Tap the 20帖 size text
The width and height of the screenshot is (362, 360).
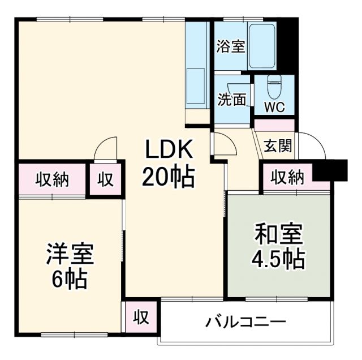click(168, 178)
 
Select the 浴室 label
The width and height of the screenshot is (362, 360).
click(230, 46)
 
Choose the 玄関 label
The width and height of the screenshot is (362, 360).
click(278, 146)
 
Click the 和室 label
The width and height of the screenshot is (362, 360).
click(278, 234)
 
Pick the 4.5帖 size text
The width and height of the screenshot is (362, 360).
click(278, 259)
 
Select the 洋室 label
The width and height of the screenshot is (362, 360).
click(70, 254)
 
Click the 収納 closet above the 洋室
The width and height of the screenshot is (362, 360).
click(53, 180)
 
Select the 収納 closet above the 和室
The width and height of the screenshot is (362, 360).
click(287, 178)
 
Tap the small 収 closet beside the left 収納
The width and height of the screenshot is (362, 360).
click(106, 180)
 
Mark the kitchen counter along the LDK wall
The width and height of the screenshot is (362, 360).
click(198, 68)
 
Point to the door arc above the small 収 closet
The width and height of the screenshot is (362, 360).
click(106, 150)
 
